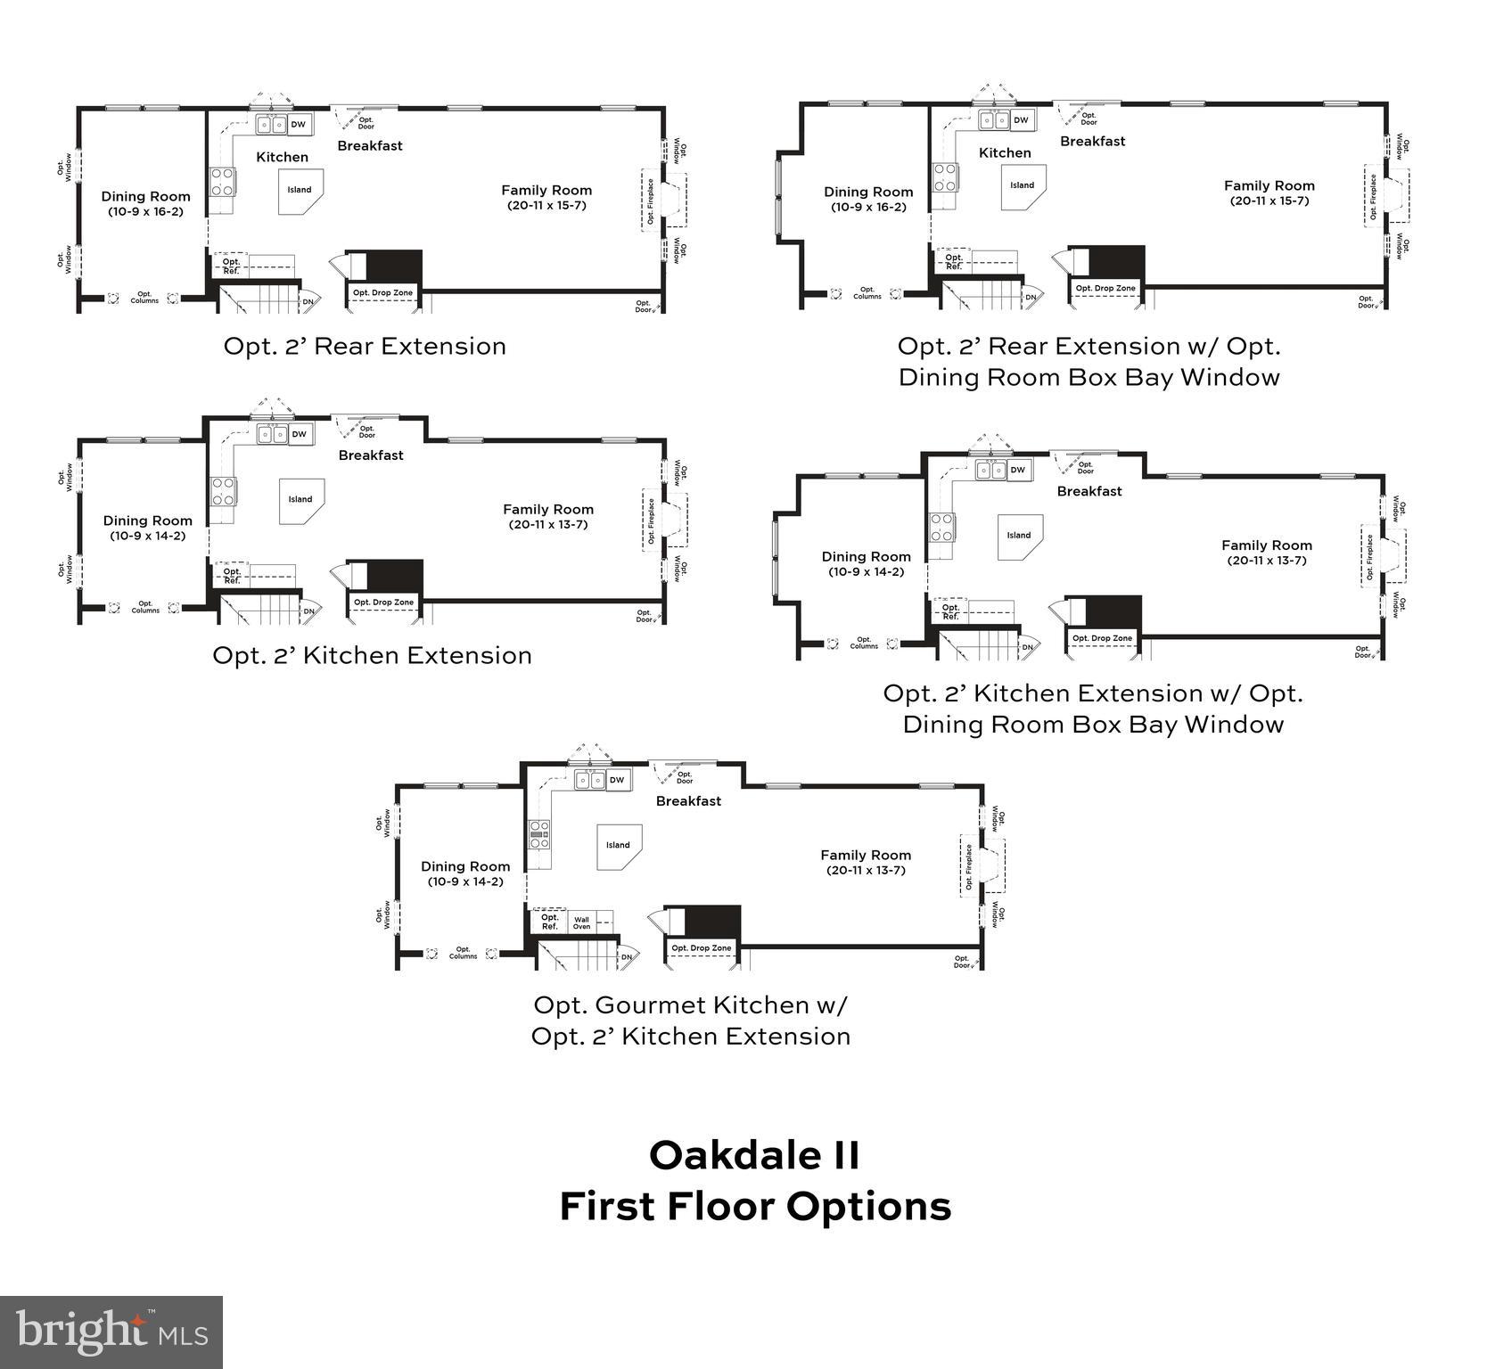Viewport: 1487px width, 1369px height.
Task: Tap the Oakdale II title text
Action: tap(753, 1156)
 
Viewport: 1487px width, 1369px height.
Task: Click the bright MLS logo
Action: tap(111, 1332)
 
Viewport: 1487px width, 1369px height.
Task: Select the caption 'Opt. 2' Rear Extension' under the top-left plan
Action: tap(364, 346)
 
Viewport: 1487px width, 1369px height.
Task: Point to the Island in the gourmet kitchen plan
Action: tap(618, 845)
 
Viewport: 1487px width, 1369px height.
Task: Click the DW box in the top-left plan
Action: tap(299, 125)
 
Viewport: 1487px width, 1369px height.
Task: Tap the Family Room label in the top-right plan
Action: tap(1269, 186)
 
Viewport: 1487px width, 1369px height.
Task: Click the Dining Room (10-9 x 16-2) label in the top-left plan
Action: tap(145, 203)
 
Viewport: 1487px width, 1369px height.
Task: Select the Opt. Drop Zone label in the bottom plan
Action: tap(701, 948)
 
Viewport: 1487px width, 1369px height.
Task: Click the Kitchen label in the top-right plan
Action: tap(1005, 153)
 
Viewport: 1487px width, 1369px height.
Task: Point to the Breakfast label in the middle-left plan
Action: tap(371, 455)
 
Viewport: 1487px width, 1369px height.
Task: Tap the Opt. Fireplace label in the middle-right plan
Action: tap(1369, 557)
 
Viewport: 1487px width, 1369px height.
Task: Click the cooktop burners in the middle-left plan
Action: tap(223, 491)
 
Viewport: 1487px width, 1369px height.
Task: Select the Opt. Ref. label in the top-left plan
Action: tap(231, 266)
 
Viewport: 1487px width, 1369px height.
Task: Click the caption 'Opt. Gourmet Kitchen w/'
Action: tap(690, 1005)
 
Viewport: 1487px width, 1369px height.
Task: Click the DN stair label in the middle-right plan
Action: tap(1026, 647)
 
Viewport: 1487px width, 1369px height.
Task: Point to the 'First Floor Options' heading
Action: tap(755, 1207)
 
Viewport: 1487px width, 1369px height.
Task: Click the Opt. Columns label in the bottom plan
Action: tap(463, 953)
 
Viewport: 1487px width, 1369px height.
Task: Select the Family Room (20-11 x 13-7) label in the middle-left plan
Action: tap(547, 516)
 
